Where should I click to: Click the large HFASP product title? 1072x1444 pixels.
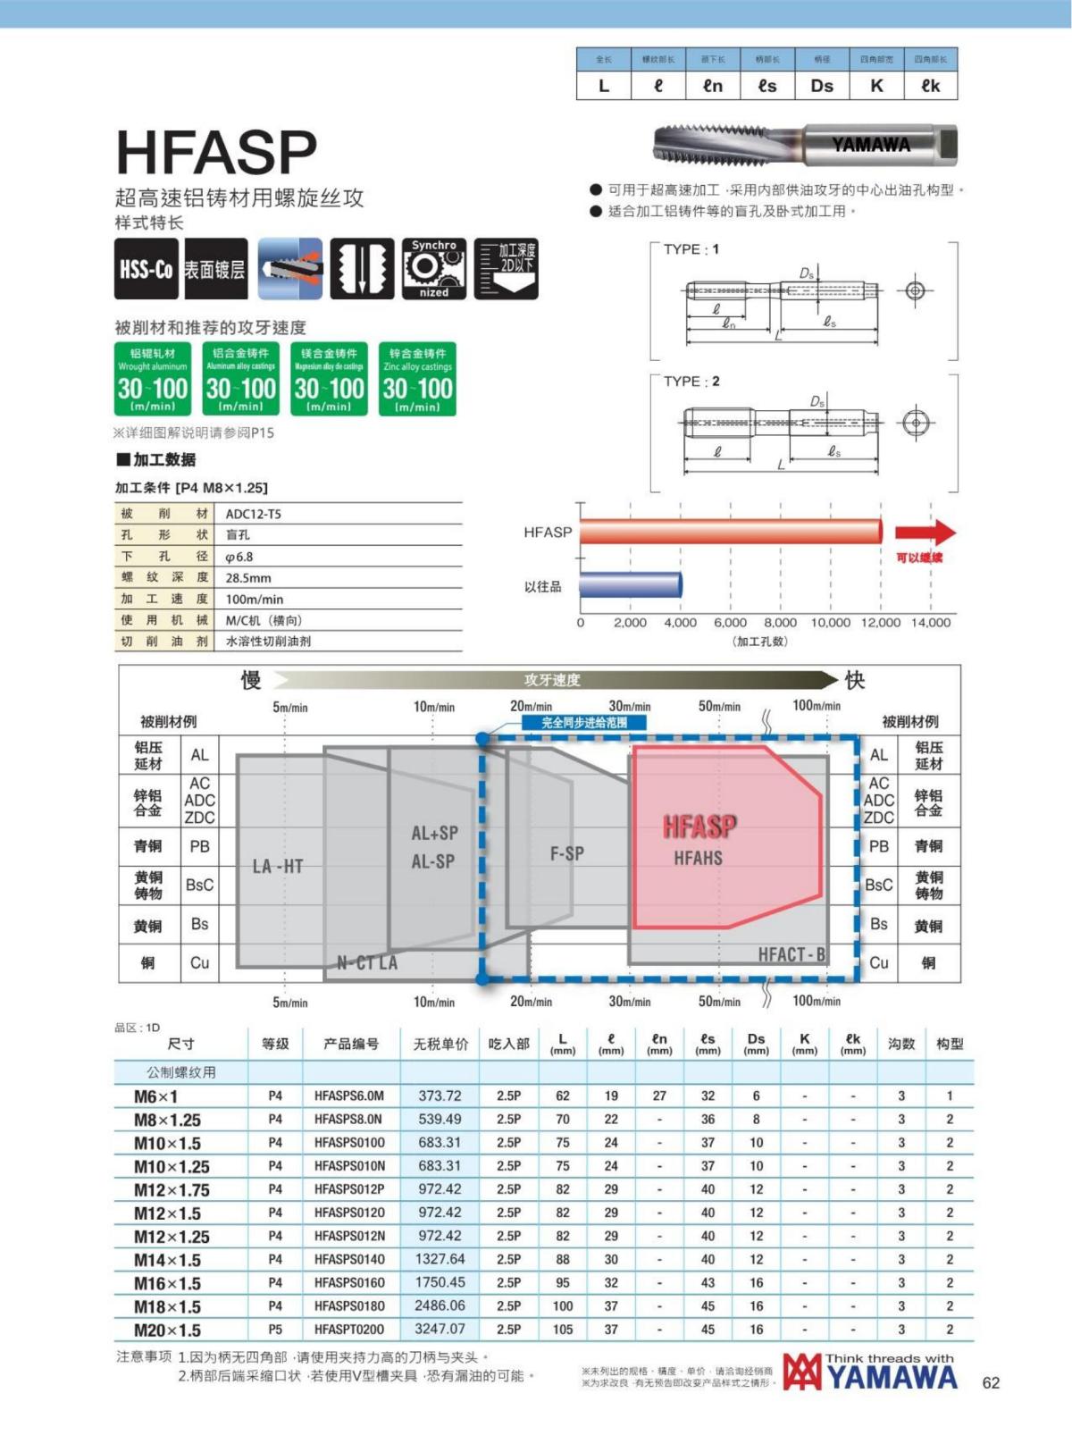217,152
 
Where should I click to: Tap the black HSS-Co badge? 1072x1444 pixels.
147,269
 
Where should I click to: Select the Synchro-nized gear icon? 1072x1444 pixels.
434,268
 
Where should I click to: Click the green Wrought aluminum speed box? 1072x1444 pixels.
153,380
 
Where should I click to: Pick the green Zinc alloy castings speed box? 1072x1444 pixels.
417,380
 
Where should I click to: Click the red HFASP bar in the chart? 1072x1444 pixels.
730,532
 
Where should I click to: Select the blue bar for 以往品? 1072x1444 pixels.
631,585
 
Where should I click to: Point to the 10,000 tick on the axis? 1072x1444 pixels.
831,623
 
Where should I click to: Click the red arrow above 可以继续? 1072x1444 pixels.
925,533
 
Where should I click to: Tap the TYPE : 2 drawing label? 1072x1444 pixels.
691,382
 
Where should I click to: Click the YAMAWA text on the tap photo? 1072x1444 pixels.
871,145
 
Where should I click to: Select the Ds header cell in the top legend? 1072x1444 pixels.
822,86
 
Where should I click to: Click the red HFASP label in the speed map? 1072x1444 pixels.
699,827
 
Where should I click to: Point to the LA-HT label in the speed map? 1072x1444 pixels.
278,866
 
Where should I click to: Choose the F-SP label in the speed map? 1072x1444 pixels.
567,853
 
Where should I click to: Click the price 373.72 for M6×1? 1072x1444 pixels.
440,1096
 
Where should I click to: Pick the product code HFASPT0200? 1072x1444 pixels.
349,1330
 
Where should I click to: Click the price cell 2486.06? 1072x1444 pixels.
440,1305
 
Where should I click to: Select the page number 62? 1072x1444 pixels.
991,1383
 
